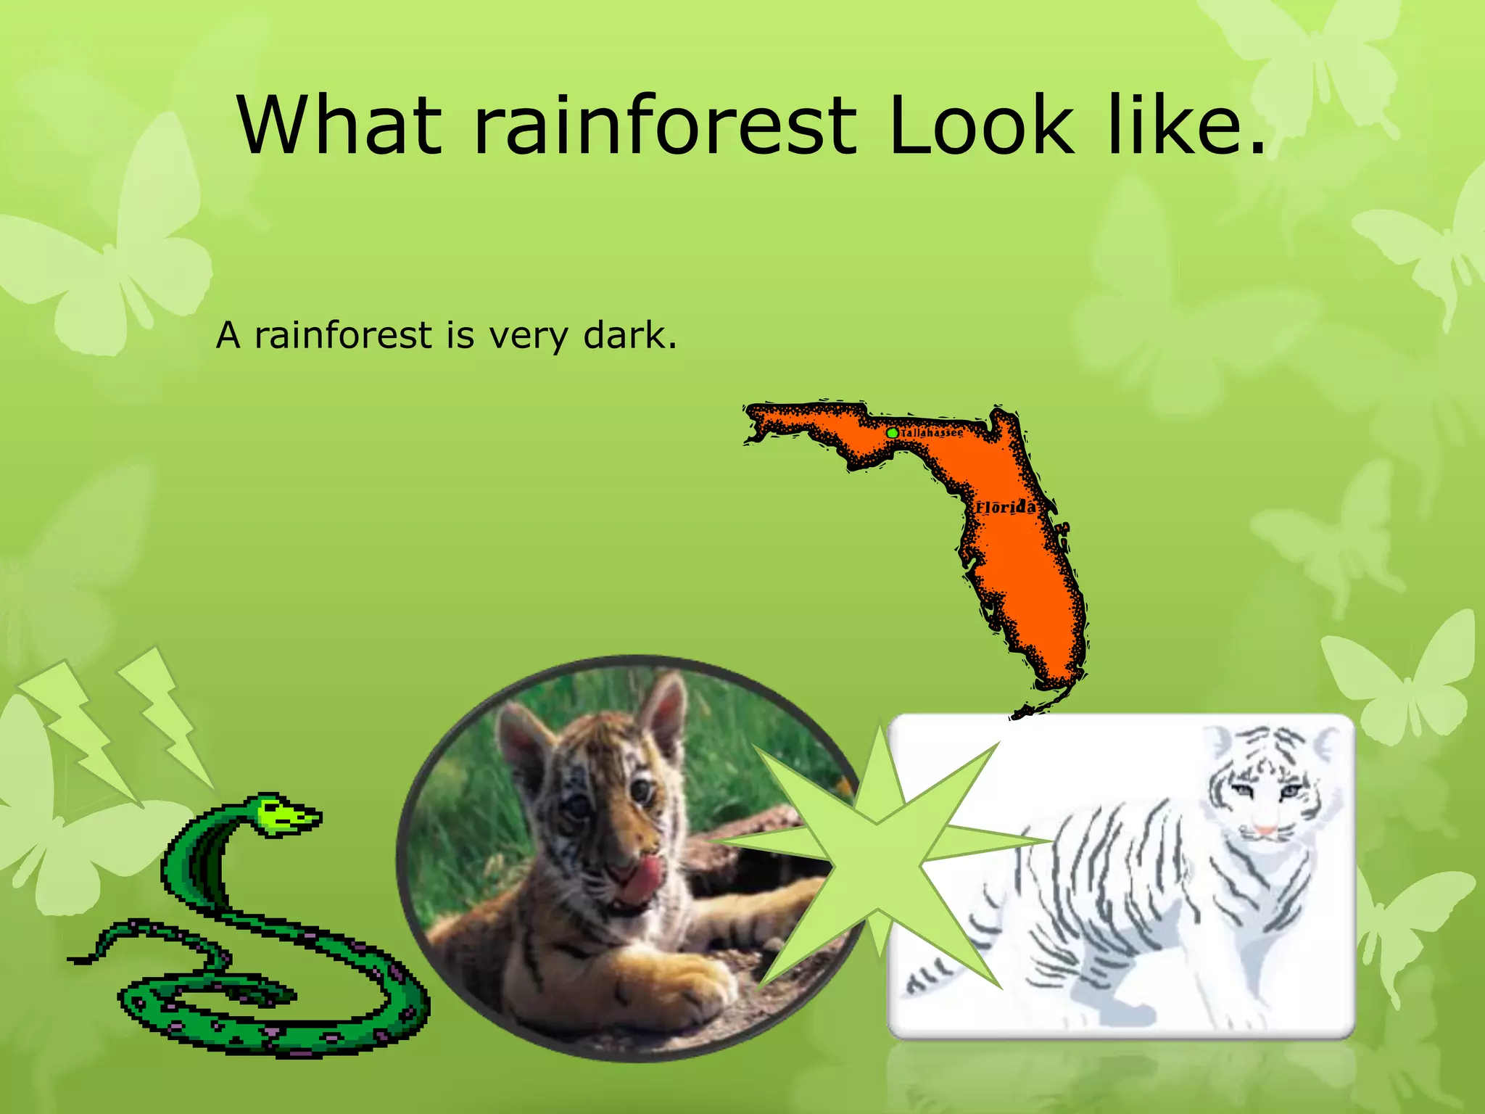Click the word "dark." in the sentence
(x=630, y=335)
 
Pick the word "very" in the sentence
(x=529, y=337)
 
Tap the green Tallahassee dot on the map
(x=893, y=432)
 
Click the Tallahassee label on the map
(x=932, y=433)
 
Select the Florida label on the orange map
(x=1006, y=507)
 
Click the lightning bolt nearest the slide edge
(x=80, y=733)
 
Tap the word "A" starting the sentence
(x=228, y=336)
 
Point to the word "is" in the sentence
(x=460, y=335)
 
